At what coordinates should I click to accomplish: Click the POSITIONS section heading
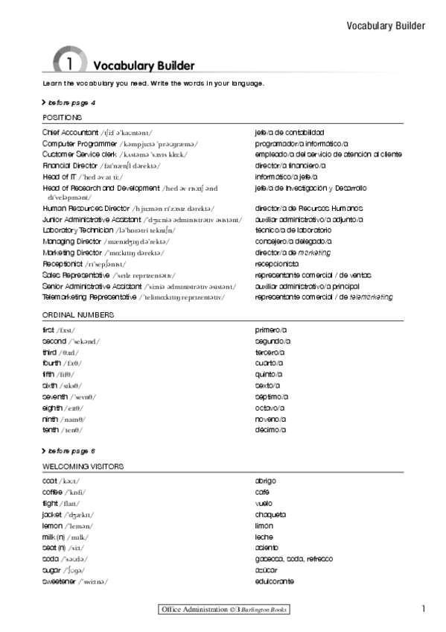63,118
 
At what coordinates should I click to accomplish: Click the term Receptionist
62,264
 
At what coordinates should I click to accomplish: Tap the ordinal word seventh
57,396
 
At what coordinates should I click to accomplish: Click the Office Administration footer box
223,610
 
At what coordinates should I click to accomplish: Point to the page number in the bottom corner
423,609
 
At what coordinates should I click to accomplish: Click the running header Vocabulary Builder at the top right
386,26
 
